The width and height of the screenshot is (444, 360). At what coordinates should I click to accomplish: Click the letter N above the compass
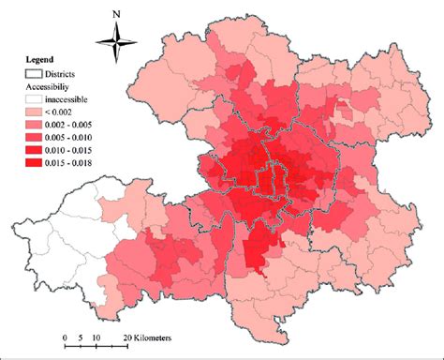pos(115,14)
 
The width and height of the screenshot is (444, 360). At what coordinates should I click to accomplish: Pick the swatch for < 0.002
pos(36,110)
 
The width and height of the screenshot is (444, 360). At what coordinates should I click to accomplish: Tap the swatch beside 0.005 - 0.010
pos(36,136)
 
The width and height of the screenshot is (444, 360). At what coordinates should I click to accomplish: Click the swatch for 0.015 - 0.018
pos(36,162)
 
